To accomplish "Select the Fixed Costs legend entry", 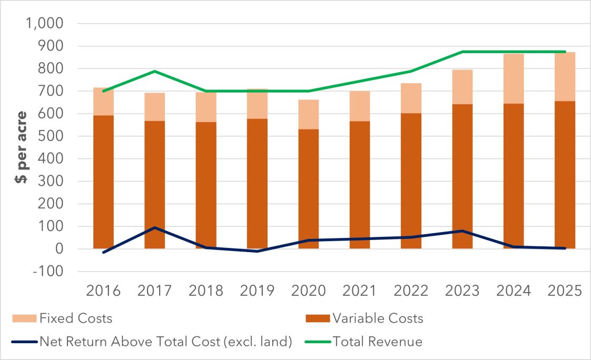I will pos(75,318).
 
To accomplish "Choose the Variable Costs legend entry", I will pos(377,318).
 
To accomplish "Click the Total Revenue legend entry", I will pos(377,342).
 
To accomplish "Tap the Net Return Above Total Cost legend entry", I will pos(165,342).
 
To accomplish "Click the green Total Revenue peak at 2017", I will pos(155,71).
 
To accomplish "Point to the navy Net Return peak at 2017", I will pos(155,227).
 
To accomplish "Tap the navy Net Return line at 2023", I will pos(462,231).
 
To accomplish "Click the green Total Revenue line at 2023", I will pos(462,52).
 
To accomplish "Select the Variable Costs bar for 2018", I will pos(206,211).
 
